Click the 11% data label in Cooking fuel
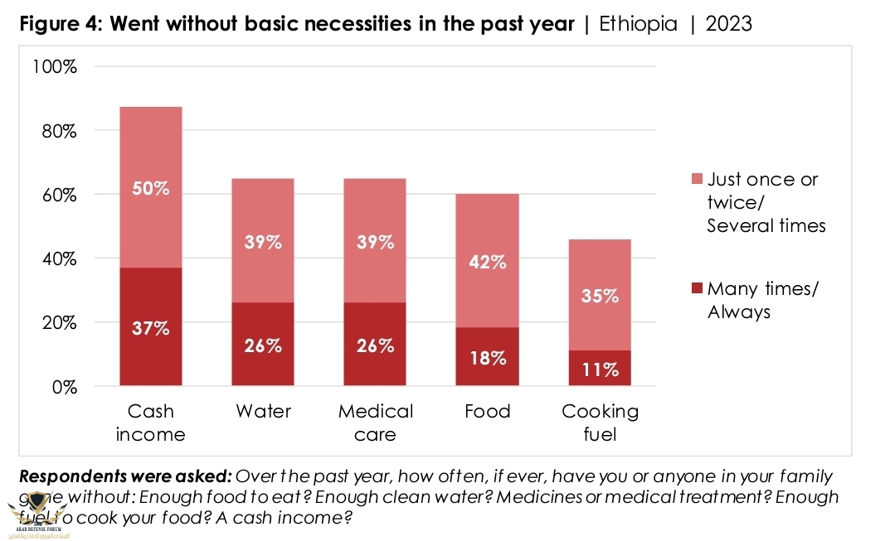[x=599, y=370]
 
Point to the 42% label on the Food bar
[x=487, y=263]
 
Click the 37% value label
[x=150, y=328]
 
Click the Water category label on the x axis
[x=262, y=412]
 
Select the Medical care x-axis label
[x=375, y=423]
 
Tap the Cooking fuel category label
[x=599, y=423]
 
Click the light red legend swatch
[x=696, y=179]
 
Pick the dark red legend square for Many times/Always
[x=696, y=288]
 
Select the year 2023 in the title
[x=728, y=23]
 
